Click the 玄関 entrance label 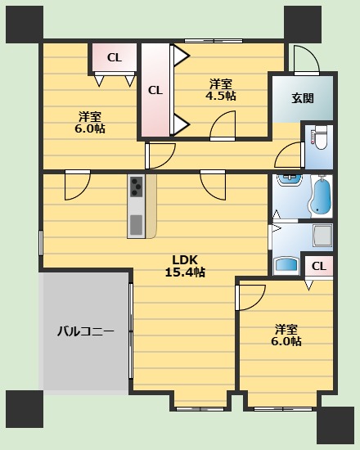click(x=302, y=98)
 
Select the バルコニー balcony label click(x=85, y=331)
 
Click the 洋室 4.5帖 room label click(x=220, y=89)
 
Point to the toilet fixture click(x=318, y=139)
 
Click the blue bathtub click(x=320, y=196)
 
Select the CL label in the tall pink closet click(x=155, y=91)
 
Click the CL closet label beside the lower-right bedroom click(x=318, y=266)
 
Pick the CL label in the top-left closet click(x=114, y=57)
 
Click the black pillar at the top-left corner click(x=24, y=24)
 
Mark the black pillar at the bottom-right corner click(x=335, y=425)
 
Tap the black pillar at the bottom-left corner click(x=24, y=409)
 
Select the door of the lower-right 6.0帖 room click(x=250, y=295)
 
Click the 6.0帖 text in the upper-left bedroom click(x=91, y=128)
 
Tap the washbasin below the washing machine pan click(x=286, y=264)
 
